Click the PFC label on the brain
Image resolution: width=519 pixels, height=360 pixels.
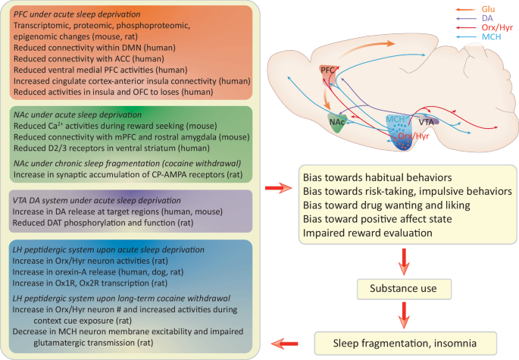pyautogui.click(x=327, y=70)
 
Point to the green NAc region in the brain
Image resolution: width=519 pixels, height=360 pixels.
pyautogui.click(x=338, y=121)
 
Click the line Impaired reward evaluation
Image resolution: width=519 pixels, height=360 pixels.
pyautogui.click(x=368, y=233)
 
